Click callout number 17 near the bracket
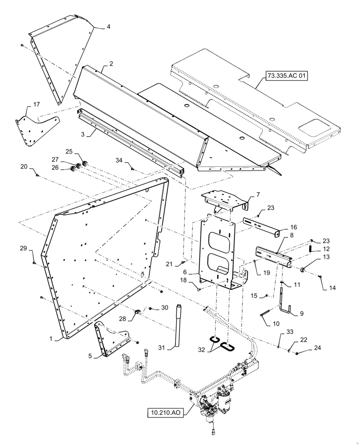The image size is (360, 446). point(37,104)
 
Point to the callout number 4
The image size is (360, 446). point(108,26)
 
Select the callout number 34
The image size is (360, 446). point(119,160)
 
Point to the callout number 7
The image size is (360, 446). point(258,195)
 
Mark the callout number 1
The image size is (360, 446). point(53,339)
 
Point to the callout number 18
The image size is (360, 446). point(183,280)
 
